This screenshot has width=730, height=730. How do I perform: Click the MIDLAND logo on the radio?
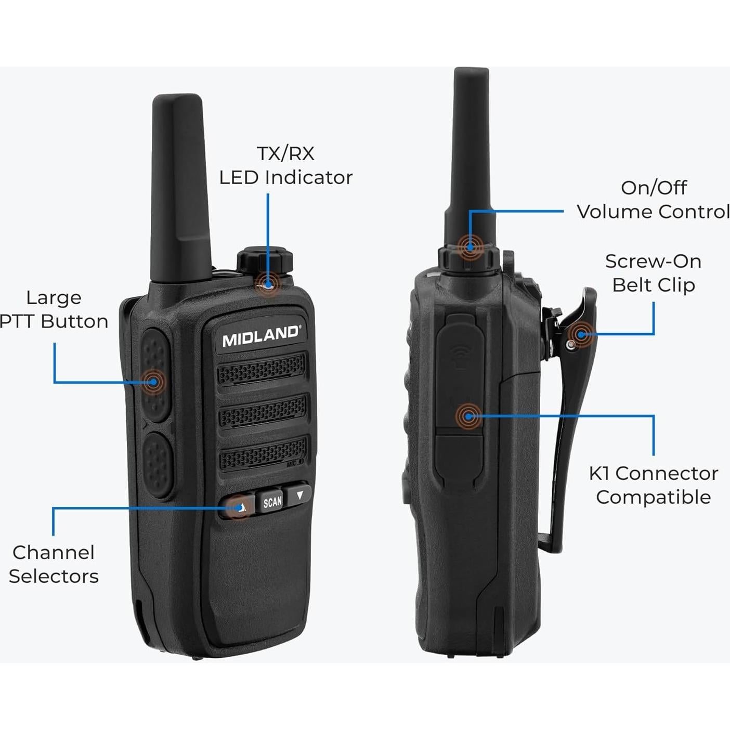point(260,335)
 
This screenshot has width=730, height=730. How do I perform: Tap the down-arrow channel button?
point(299,496)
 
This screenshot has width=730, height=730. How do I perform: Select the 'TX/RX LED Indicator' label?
point(285,165)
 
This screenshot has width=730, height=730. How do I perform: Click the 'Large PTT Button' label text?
point(54,309)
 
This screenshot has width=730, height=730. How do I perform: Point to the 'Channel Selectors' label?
point(54,564)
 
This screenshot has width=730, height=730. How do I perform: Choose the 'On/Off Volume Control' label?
point(653,200)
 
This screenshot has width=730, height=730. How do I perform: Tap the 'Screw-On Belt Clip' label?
point(653,273)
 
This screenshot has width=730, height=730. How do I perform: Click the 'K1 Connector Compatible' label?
point(653,485)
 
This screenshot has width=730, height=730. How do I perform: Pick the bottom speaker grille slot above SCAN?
point(263,453)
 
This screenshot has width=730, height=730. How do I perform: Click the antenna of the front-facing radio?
point(179,187)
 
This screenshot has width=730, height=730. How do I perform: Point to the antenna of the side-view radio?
point(471,156)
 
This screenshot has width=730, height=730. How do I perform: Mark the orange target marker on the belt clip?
point(581,334)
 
